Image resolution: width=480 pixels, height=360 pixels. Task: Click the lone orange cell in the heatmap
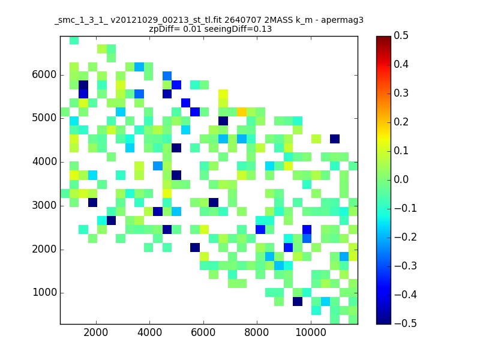[242, 112]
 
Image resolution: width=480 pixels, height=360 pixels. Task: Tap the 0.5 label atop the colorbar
[401, 35]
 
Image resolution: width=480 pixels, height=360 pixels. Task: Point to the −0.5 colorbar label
[406, 323]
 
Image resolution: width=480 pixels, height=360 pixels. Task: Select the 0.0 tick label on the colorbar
[401, 179]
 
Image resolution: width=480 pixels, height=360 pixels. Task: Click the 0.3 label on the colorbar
[401, 93]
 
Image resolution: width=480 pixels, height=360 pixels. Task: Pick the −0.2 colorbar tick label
[406, 237]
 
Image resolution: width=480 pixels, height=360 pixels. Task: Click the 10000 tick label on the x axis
[311, 332]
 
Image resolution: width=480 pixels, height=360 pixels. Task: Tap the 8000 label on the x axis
[257, 332]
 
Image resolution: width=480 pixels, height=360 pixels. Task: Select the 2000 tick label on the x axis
[96, 332]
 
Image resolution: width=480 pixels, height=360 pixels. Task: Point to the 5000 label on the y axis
[44, 118]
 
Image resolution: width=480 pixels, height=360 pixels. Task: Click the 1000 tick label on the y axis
[44, 292]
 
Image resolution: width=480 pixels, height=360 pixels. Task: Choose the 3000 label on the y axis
[44, 205]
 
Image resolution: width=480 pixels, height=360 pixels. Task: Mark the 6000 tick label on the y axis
[44, 74]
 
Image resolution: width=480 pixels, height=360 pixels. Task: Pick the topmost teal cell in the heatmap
[74, 40]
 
